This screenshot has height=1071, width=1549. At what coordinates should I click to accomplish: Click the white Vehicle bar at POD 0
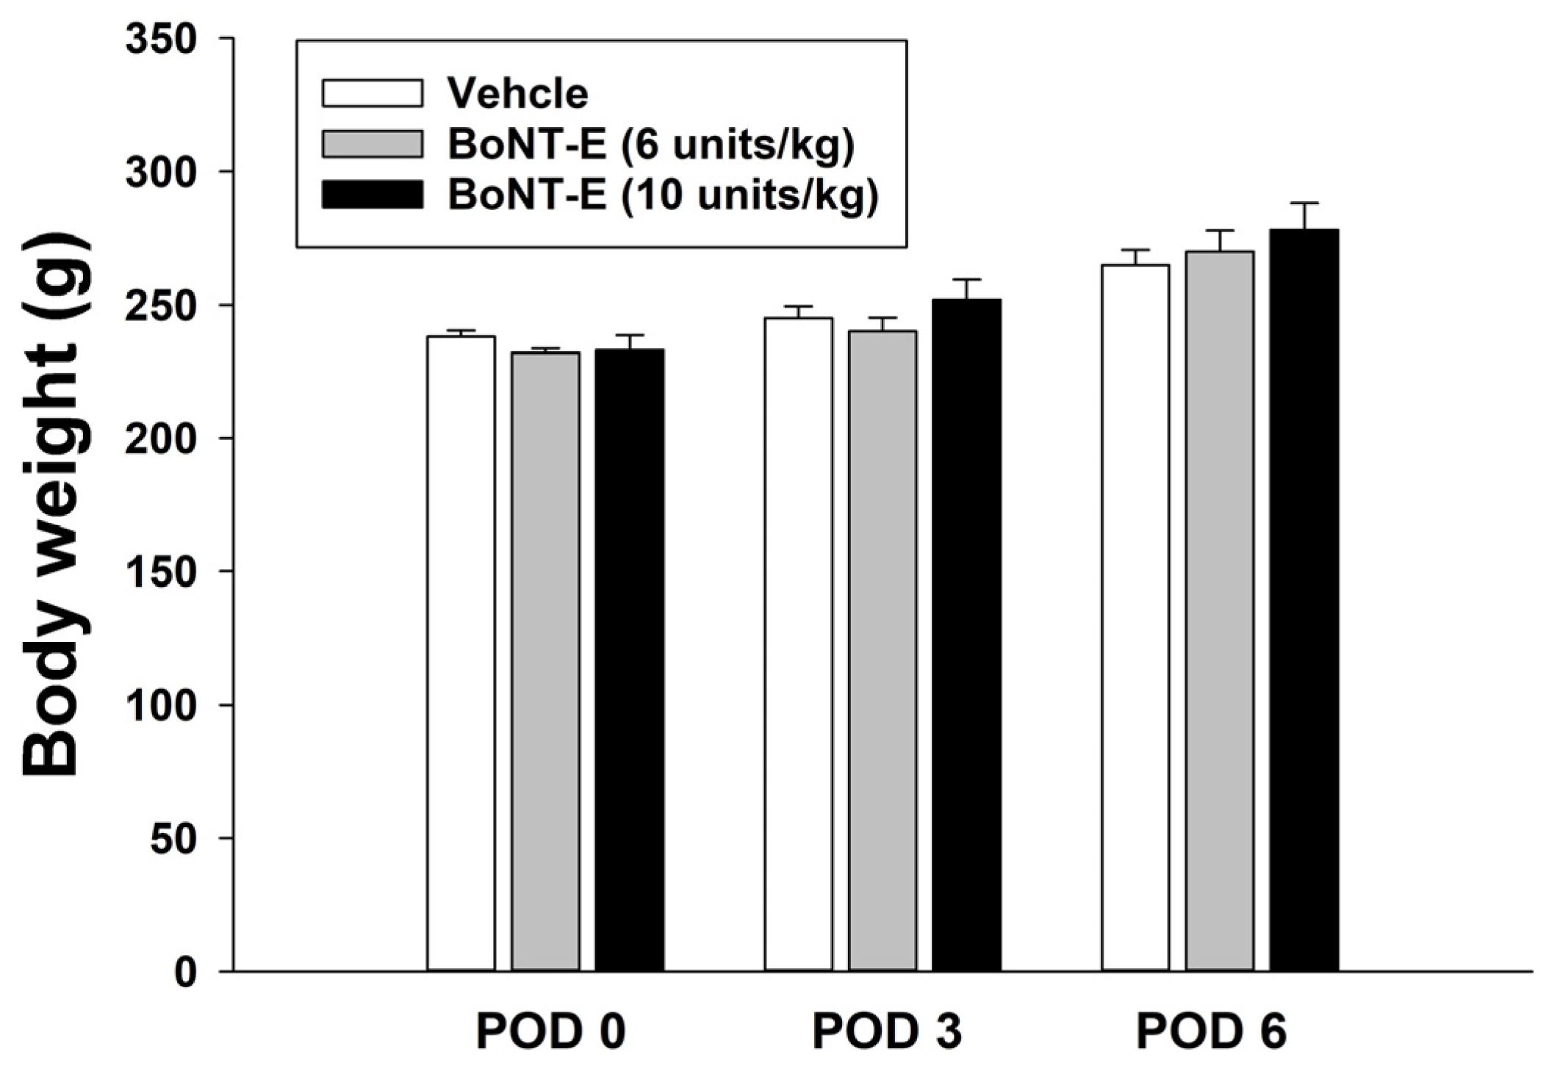pyautogui.click(x=461, y=654)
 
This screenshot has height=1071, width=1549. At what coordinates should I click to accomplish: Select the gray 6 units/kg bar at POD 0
pyautogui.click(x=545, y=661)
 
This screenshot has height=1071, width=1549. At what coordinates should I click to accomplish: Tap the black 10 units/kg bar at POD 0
pyautogui.click(x=630, y=661)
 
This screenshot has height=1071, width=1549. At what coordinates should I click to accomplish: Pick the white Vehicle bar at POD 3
pyautogui.click(x=798, y=646)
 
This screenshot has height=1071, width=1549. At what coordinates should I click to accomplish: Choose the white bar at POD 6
pyautogui.click(x=1135, y=617)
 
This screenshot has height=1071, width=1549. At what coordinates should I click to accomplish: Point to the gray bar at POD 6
pyautogui.click(x=1219, y=610)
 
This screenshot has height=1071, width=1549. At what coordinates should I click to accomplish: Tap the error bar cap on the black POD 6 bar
pyautogui.click(x=1304, y=203)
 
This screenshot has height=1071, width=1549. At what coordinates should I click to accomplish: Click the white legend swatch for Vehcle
pyautogui.click(x=372, y=93)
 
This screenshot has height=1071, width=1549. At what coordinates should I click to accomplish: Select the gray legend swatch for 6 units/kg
pyautogui.click(x=372, y=144)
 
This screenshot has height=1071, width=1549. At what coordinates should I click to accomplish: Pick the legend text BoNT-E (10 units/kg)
pyautogui.click(x=663, y=195)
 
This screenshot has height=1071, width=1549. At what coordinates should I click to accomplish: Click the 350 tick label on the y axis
pyautogui.click(x=161, y=38)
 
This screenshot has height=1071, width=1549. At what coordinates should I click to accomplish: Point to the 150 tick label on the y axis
pyautogui.click(x=161, y=571)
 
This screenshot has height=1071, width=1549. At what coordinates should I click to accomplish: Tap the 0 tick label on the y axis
pyautogui.click(x=185, y=972)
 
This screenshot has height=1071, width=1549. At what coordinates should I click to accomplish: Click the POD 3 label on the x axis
pyautogui.click(x=886, y=1032)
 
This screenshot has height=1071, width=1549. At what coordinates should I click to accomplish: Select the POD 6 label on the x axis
pyautogui.click(x=1211, y=1032)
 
